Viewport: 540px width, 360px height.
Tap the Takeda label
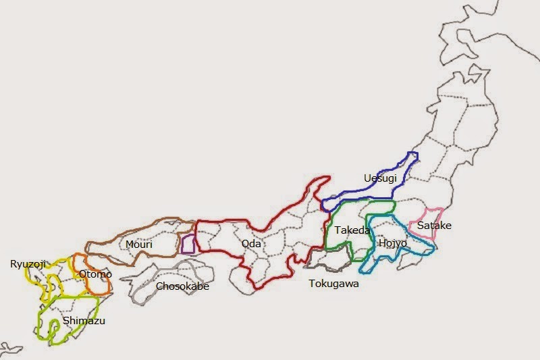pos(352,230)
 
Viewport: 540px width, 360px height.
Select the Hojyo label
pos(392,242)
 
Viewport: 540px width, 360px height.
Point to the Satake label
pos(434,226)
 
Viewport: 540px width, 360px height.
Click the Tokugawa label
pos(333,284)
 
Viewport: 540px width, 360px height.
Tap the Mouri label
pos(138,244)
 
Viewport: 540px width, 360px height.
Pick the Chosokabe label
pos(182,286)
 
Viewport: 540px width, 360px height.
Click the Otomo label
pos(95,274)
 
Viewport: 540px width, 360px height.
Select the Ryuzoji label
pos(28,264)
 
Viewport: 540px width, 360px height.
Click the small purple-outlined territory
pos(188,244)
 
